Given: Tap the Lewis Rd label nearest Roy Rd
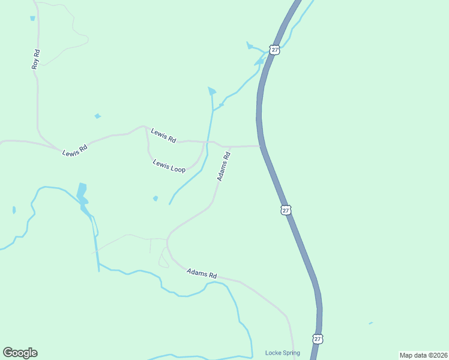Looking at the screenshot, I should (75, 150).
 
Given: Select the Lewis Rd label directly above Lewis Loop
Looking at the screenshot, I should (163, 136).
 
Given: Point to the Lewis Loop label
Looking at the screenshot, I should (169, 166).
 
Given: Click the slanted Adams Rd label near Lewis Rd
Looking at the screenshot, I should (223, 167).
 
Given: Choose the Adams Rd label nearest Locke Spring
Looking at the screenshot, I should (201, 273).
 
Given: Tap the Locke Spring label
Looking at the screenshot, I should (282, 353).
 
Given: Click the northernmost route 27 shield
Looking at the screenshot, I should (274, 50).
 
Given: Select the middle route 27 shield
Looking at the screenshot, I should (286, 210).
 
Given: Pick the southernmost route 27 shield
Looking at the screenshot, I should (317, 339).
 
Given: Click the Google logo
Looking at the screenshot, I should (20, 353).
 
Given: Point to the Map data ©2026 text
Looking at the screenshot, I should (423, 355).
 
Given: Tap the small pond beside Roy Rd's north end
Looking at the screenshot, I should (32, 19).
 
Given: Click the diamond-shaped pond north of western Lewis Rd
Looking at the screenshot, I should (97, 116).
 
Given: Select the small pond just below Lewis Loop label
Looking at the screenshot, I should (155, 198).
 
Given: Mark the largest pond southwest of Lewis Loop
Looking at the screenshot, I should (82, 193).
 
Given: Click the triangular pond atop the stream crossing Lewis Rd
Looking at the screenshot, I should (211, 91).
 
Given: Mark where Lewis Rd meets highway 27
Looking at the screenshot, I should (261, 145).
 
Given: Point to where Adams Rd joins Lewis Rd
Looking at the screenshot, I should (230, 146).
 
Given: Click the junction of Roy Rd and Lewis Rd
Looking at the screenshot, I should (59, 148).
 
